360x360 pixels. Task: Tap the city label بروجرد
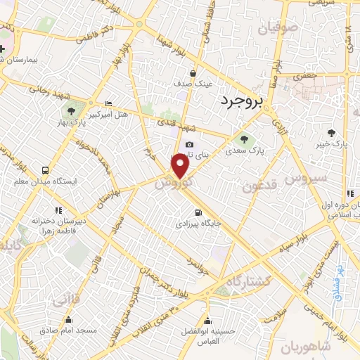[240, 102]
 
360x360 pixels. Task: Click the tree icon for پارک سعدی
[244, 138]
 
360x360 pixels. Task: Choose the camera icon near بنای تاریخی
[189, 145]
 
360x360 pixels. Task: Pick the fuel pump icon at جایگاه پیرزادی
[198, 212]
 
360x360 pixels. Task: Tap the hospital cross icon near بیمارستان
[4, 49]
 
